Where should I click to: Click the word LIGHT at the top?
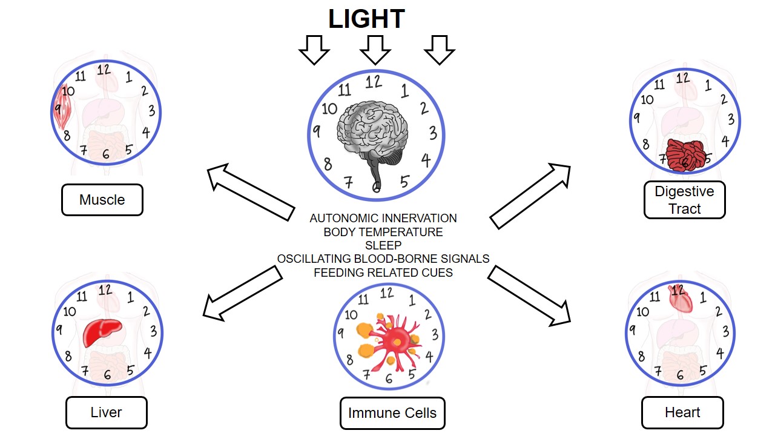(x=366, y=19)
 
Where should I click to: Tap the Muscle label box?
(x=102, y=200)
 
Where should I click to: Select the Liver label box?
(x=106, y=412)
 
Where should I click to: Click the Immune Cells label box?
(x=392, y=414)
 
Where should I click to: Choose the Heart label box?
(x=682, y=412)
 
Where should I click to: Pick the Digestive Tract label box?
(x=685, y=200)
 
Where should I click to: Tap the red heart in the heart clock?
(x=679, y=299)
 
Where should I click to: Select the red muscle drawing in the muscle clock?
(x=62, y=107)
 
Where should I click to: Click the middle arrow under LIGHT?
(x=375, y=49)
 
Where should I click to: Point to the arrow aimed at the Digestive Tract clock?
(x=530, y=196)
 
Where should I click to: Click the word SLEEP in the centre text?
(x=383, y=245)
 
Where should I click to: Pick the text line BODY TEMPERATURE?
(x=383, y=232)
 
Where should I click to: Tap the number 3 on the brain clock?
(x=432, y=133)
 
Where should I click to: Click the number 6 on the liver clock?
(x=107, y=375)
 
